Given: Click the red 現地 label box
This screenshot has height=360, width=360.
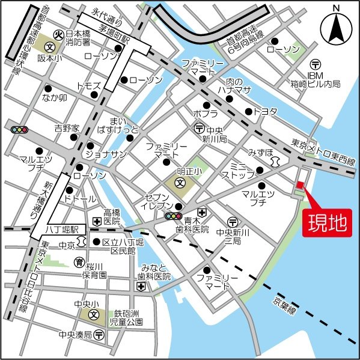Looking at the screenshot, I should click(328, 224).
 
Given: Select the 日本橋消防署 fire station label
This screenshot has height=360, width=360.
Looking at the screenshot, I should click(78, 38).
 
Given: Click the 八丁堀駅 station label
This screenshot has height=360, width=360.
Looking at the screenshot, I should click(63, 230).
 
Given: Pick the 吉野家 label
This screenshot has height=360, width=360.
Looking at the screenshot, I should click(67, 128).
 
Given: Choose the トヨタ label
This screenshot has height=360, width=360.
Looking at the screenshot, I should click(265, 111).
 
